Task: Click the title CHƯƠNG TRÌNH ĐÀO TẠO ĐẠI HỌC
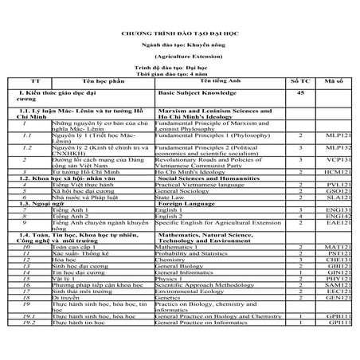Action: click(179, 36)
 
